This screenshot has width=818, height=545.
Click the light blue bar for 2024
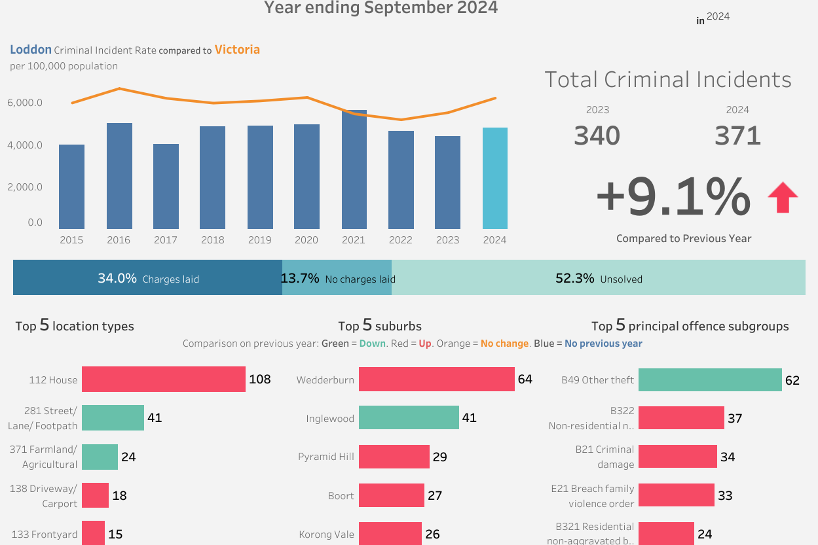coord(494,178)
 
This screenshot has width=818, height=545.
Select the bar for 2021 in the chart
coord(354,169)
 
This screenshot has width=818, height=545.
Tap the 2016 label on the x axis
coord(119,240)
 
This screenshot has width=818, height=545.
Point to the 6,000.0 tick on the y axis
coord(26,103)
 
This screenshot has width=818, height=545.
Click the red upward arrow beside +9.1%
coord(782,198)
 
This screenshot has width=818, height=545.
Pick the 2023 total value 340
coord(597,135)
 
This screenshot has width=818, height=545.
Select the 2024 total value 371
coord(737,135)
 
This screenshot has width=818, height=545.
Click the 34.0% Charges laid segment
coord(147,278)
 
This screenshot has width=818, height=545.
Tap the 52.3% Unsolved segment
coord(598,278)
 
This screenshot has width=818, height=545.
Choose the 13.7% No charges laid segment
coord(337,278)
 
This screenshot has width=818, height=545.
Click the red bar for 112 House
coord(163,379)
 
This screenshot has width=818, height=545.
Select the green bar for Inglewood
coord(409,417)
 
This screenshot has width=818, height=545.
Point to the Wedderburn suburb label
coord(325,380)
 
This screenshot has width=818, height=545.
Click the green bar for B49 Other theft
coord(709,379)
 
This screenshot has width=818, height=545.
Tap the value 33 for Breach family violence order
coord(725,495)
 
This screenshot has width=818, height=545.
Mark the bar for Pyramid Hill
coord(394,456)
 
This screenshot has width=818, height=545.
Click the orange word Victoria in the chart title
coord(237,50)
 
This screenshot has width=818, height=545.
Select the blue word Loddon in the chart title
coord(31,50)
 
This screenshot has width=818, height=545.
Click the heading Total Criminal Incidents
coord(667,80)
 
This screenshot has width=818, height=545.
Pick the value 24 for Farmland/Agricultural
coord(128,457)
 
